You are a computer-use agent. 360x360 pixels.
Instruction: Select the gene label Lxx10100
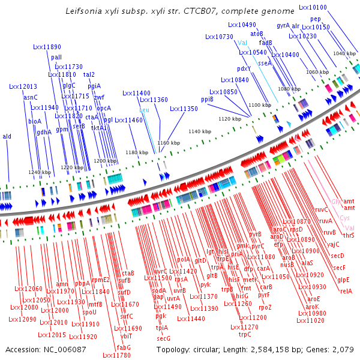point(313,7)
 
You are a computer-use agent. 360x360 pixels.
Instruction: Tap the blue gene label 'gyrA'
point(283,26)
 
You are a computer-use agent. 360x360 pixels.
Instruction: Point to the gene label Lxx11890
point(47,47)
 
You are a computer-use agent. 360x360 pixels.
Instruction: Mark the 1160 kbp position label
point(168,143)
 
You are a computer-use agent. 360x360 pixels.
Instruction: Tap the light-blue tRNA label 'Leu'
point(144,110)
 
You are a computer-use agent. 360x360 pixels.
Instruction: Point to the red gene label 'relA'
point(346,291)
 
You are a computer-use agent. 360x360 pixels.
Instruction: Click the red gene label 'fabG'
point(124,347)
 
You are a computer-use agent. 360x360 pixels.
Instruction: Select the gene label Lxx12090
point(23,320)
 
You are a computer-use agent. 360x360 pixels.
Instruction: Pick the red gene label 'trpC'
point(245,334)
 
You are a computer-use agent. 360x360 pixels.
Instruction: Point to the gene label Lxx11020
point(311,320)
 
